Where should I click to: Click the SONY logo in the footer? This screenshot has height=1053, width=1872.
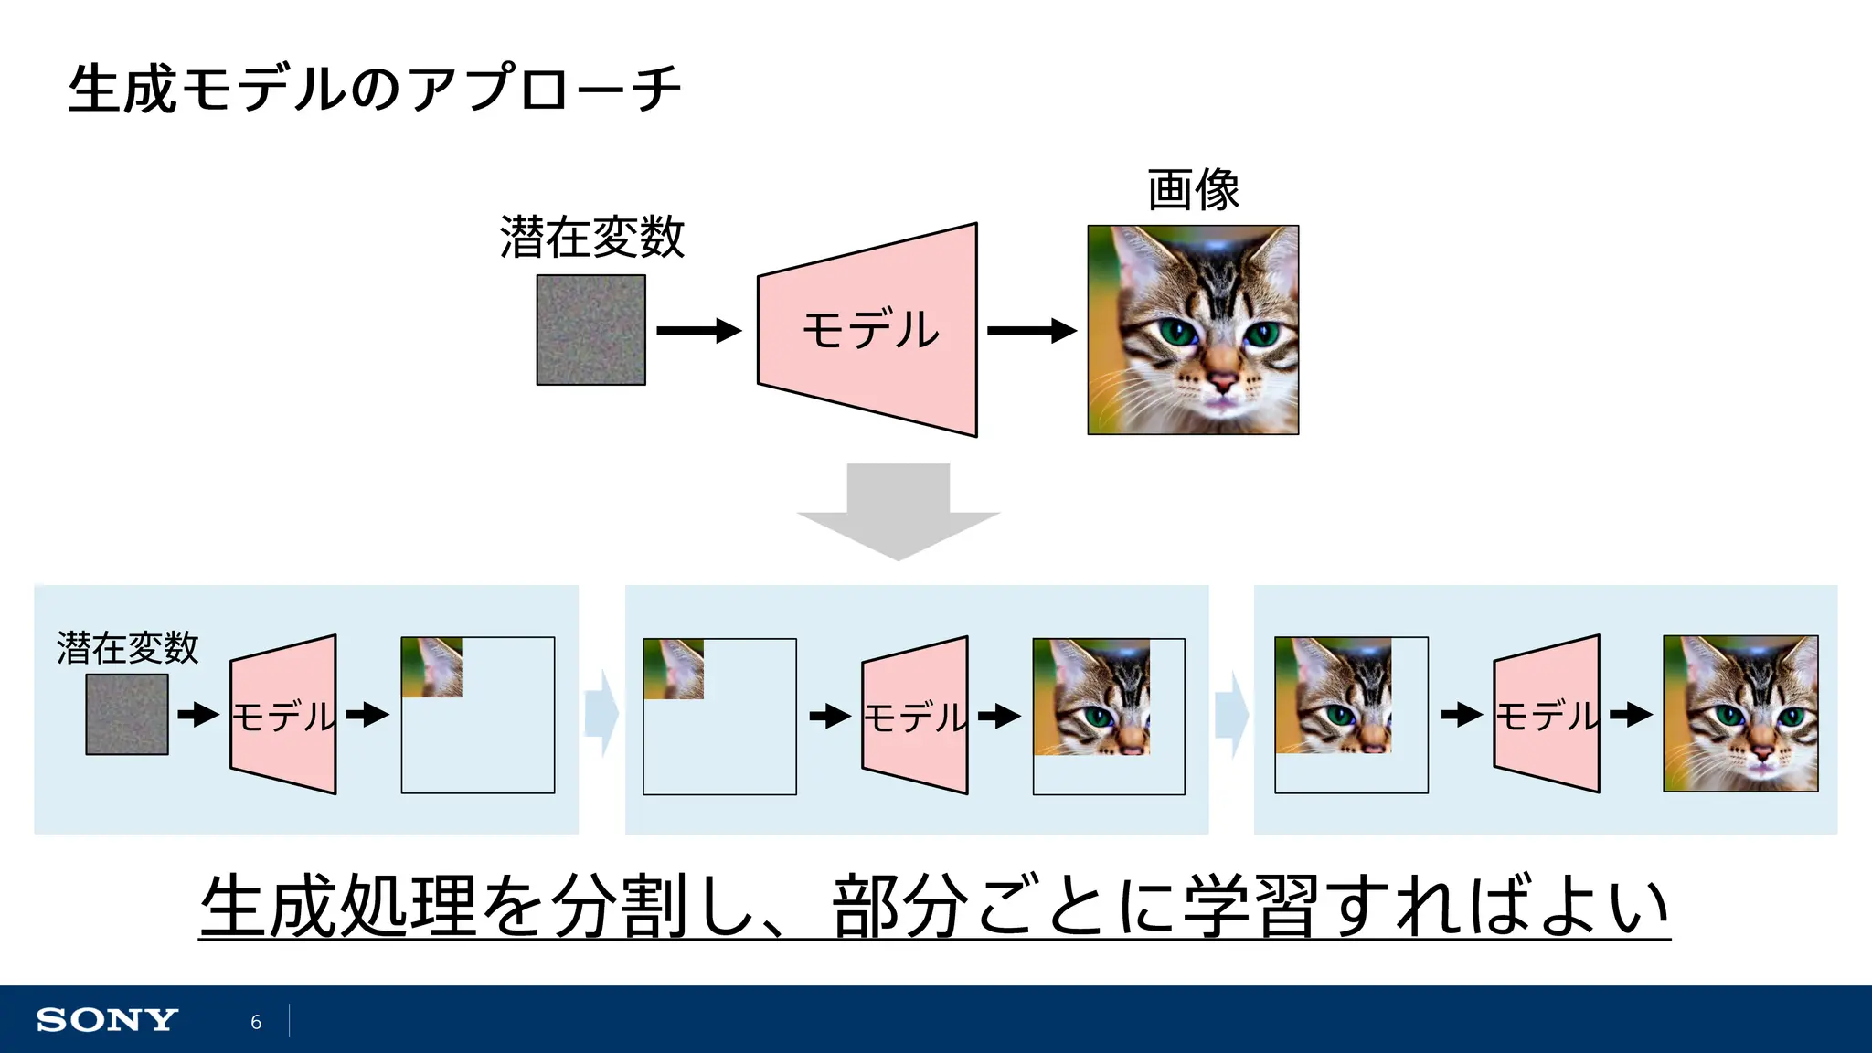click(x=107, y=1020)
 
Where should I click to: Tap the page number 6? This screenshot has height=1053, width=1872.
click(x=256, y=1022)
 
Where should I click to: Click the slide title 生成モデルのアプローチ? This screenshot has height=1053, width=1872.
click(x=375, y=89)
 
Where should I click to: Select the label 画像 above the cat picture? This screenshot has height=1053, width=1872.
click(x=1193, y=190)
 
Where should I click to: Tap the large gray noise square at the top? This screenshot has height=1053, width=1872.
click(x=590, y=330)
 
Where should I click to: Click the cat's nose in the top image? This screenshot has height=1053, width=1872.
click(x=1221, y=377)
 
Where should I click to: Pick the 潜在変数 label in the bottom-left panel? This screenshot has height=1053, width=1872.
click(x=127, y=648)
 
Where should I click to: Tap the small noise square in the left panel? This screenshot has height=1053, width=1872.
click(x=127, y=715)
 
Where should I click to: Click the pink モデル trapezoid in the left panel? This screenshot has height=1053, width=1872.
click(x=283, y=715)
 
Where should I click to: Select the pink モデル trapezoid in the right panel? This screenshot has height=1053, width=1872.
click(x=1547, y=714)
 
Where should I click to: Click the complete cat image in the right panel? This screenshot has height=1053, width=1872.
click(x=1740, y=713)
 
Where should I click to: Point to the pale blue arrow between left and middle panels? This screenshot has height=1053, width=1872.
click(x=601, y=714)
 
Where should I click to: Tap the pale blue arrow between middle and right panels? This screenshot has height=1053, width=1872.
click(x=1231, y=714)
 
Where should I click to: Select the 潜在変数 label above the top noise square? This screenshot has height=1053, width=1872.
click(x=592, y=238)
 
